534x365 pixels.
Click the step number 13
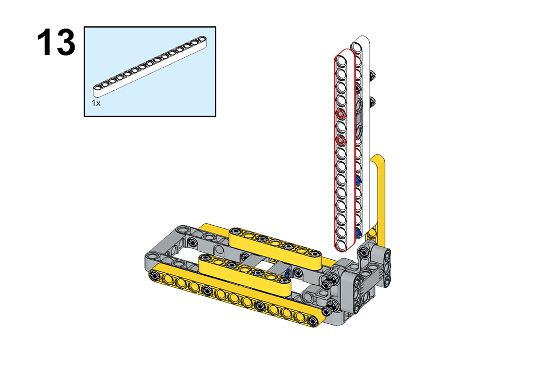(56, 43)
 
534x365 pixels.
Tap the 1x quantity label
(96, 103)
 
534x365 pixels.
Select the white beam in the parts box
(150, 66)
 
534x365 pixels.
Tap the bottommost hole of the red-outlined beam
(341, 245)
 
